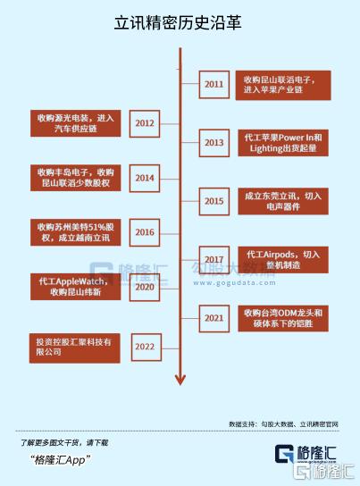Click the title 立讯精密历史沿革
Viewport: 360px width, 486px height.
click(178, 23)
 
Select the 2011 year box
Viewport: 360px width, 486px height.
click(214, 85)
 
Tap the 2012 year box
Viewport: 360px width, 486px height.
click(145, 123)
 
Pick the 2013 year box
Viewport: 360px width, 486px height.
click(214, 143)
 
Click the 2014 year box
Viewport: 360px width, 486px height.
click(145, 178)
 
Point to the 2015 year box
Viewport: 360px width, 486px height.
click(214, 201)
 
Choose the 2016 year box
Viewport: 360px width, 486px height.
click(145, 232)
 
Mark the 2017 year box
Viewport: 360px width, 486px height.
click(214, 260)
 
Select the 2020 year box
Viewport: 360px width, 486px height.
click(145, 287)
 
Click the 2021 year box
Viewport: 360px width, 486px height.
click(214, 318)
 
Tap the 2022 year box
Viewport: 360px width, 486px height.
click(147, 348)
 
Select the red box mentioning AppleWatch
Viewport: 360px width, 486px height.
click(76, 287)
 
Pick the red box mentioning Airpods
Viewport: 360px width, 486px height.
click(283, 260)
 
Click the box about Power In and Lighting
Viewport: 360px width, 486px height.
click(283, 143)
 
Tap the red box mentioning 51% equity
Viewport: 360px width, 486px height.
click(76, 232)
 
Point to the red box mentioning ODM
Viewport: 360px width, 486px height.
click(283, 318)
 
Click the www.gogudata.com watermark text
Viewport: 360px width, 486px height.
click(234, 282)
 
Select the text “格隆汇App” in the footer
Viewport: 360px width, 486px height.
click(61, 460)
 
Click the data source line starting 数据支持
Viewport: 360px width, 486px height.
click(283, 424)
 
